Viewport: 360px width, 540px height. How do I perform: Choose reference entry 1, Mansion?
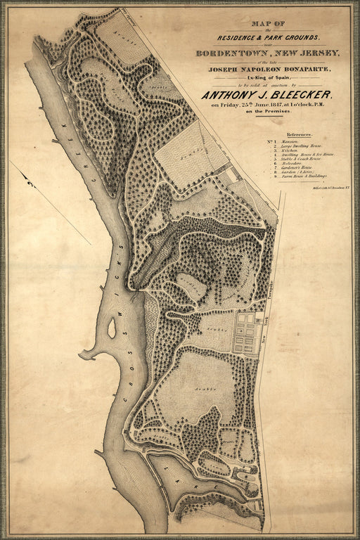(298, 141)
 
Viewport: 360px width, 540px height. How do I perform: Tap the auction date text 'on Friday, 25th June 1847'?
(257, 105)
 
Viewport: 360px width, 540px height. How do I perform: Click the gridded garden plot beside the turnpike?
(247, 333)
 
